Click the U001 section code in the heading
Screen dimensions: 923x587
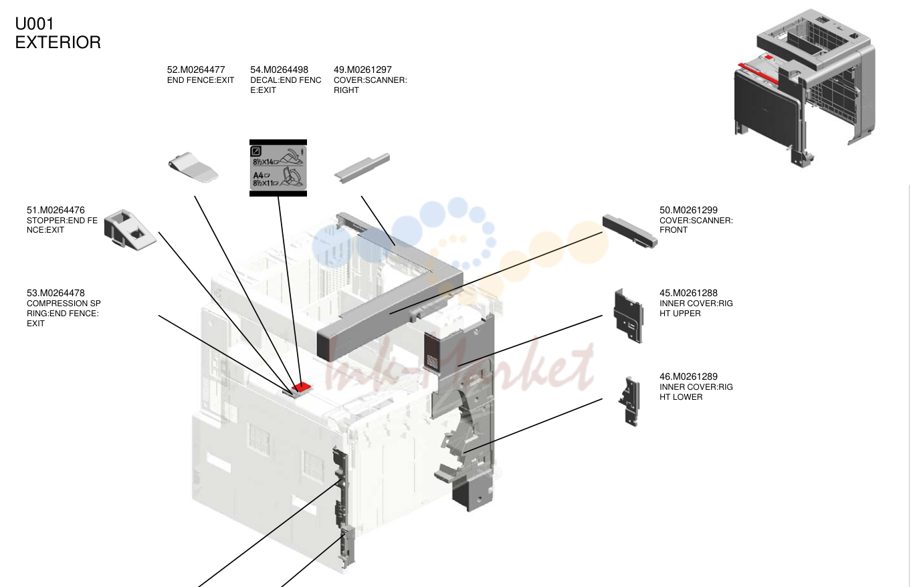click(34, 24)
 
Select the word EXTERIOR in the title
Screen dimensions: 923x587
click(58, 42)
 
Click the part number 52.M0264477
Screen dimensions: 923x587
click(196, 70)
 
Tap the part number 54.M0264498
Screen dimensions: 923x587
click(279, 70)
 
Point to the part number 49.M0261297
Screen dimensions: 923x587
click(363, 70)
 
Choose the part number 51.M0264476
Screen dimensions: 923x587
click(56, 210)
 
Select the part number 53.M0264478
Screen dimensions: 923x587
click(56, 293)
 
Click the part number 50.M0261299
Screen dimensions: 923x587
click(688, 210)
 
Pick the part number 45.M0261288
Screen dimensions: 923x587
click(688, 293)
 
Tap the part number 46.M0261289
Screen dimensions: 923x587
click(688, 376)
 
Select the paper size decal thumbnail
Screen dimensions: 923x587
click(278, 168)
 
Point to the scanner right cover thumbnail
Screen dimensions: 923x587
click(362, 168)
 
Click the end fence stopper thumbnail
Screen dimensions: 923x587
click(129, 229)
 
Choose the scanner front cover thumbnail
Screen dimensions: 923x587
click(629, 231)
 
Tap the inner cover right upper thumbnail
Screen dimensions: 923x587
click(629, 316)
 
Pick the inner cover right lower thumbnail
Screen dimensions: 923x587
click(629, 402)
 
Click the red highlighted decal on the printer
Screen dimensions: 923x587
click(301, 387)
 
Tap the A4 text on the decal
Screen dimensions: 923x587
click(258, 175)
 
